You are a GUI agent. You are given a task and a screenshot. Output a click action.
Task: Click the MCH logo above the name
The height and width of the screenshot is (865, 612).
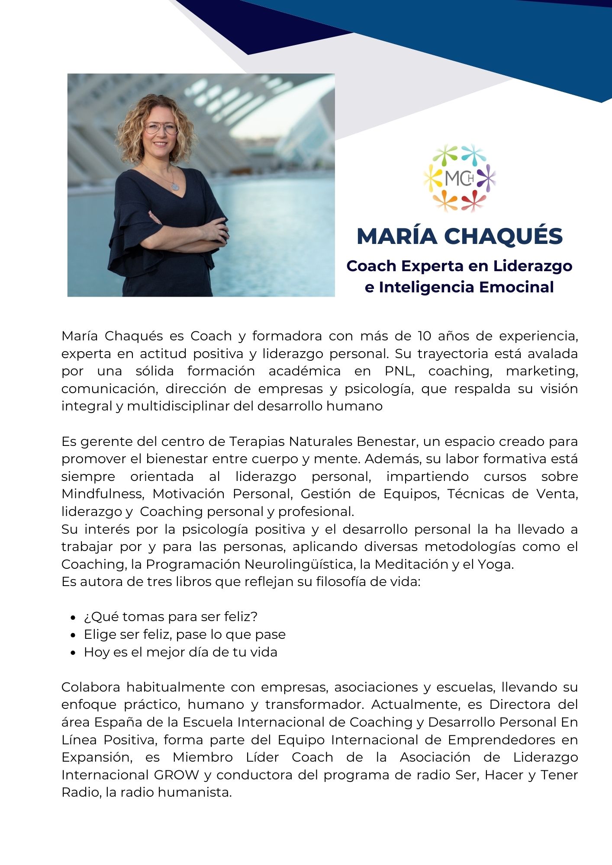(x=459, y=178)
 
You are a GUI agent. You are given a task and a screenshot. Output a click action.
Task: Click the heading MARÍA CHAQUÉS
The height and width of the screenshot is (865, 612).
(x=459, y=236)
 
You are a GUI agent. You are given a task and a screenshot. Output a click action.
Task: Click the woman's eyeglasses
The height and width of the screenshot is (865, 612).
(x=161, y=128)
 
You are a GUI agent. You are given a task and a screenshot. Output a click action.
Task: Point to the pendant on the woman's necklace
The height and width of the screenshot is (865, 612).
(x=175, y=187)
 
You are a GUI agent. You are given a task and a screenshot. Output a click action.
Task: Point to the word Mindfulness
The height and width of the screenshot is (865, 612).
(x=102, y=494)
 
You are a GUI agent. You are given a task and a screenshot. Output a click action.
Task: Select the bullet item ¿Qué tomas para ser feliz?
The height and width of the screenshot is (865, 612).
(x=171, y=617)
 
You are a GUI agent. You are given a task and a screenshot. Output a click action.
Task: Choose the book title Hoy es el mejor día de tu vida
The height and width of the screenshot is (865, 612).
(x=180, y=652)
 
